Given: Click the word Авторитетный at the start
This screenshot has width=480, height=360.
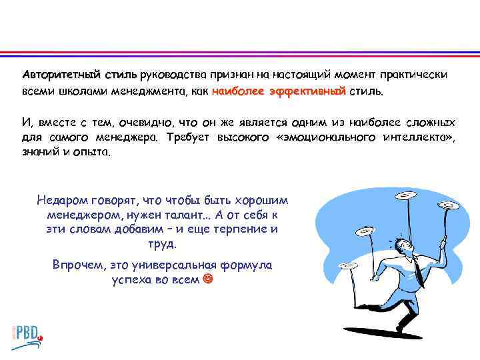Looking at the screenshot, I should [55, 73].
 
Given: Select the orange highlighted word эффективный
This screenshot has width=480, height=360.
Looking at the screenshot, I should [308, 90].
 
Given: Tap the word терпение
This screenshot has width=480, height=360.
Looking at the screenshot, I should [239, 229].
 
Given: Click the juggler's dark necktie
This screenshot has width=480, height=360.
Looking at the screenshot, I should [417, 267].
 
